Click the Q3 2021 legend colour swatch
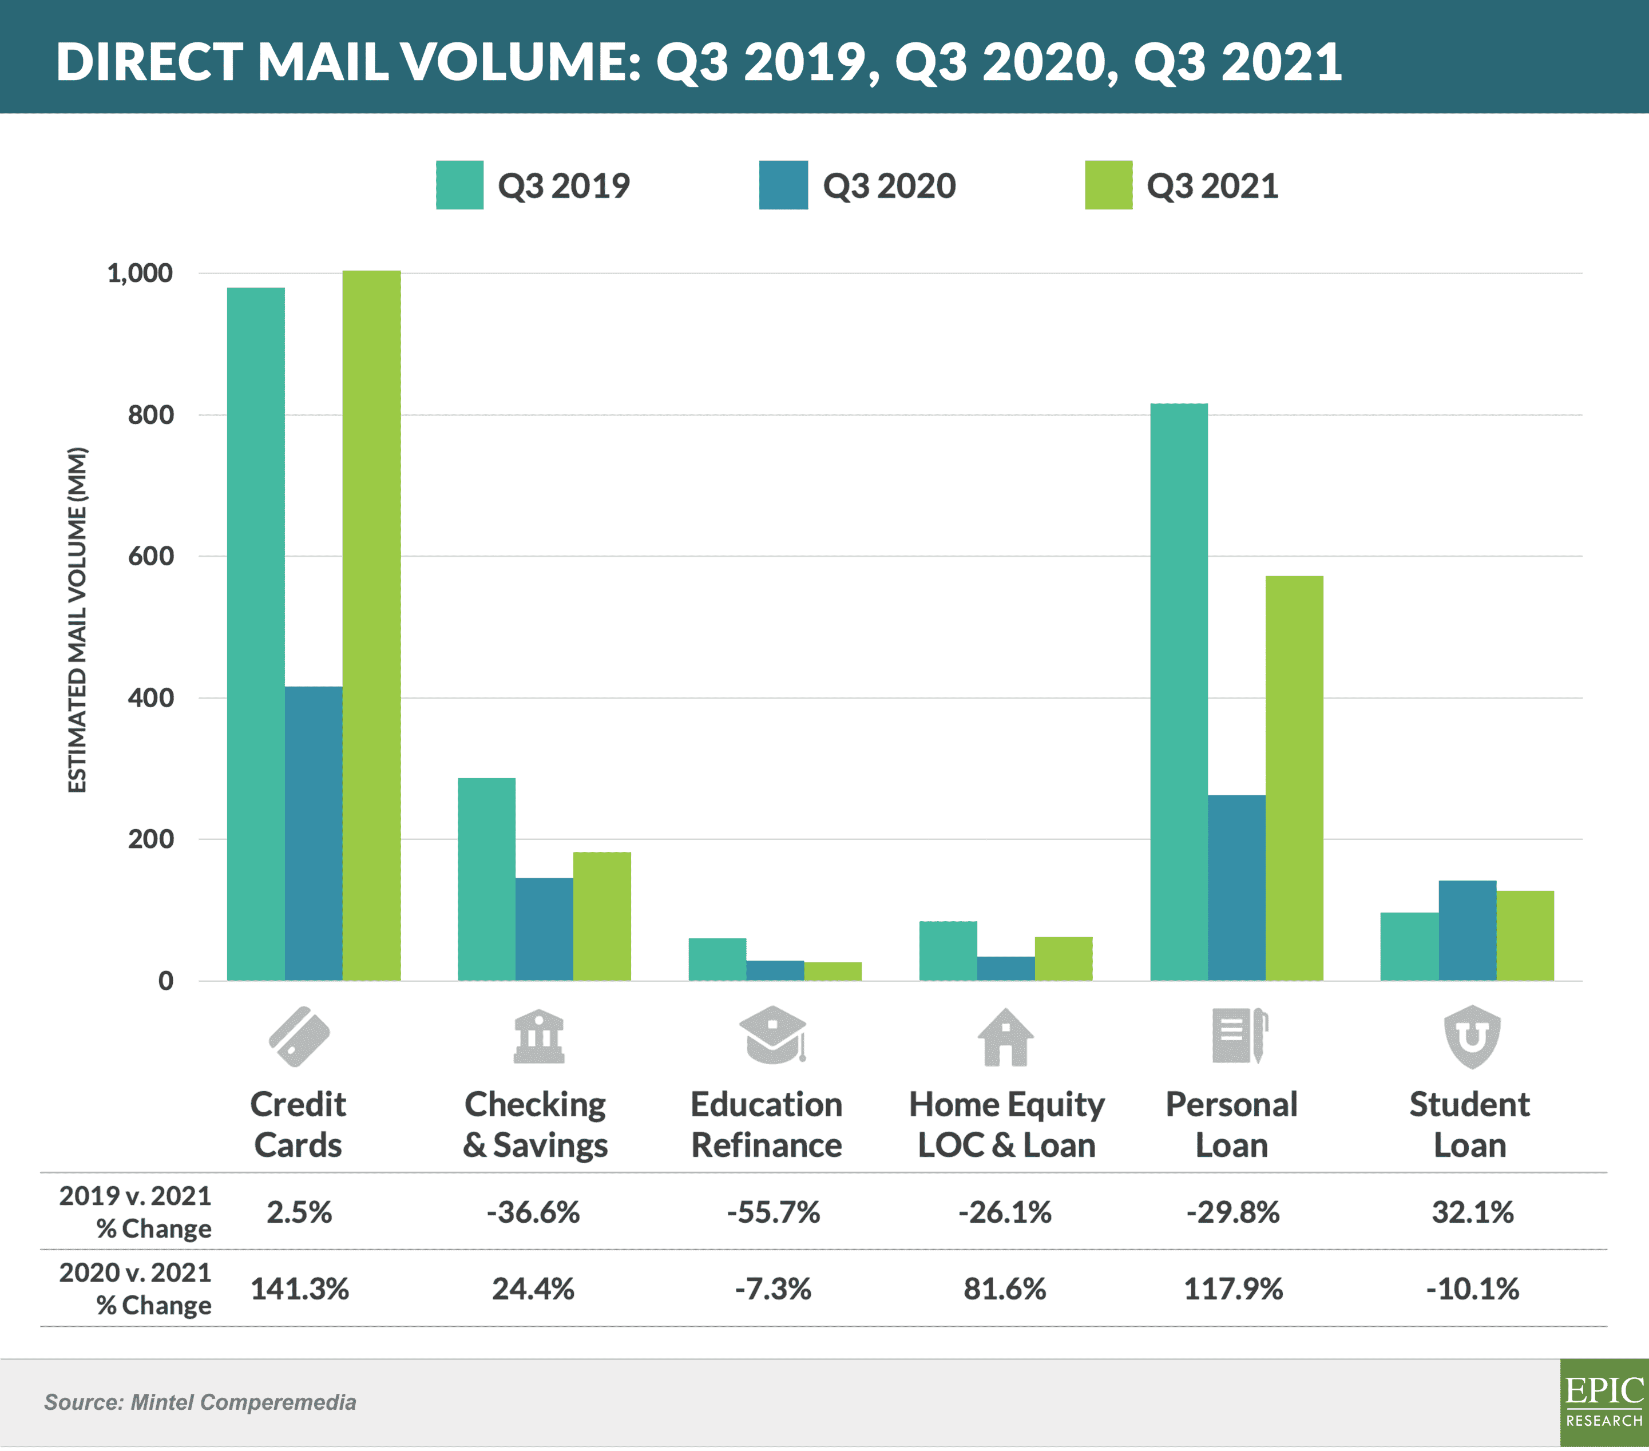coord(1108,185)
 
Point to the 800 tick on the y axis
coord(151,415)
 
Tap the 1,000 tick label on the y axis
coord(140,273)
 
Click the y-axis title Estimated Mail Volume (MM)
coord(77,620)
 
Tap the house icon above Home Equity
coord(1005,1037)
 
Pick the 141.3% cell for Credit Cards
coord(299,1289)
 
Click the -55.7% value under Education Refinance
coord(773,1212)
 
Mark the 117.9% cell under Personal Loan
coord(1232,1289)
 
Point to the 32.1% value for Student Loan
coord(1472,1212)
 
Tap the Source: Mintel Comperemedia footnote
coord(200,1402)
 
